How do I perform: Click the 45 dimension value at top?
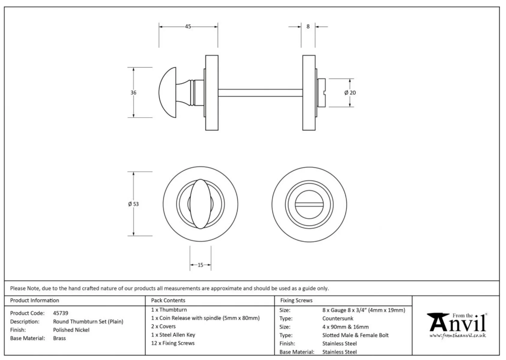[x=188, y=26]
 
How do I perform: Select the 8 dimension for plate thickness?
[x=308, y=26]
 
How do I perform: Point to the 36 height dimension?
[x=133, y=93]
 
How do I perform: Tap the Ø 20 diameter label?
[x=350, y=93]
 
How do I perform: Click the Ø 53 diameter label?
[x=133, y=204]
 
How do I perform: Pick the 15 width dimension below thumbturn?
[x=200, y=265]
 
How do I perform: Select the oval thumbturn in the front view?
[x=200, y=204]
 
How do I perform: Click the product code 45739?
[x=61, y=313]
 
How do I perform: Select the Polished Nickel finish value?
[x=71, y=330]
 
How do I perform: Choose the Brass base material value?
[x=59, y=338]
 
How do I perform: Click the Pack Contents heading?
[x=168, y=300]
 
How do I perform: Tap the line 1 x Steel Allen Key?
[x=173, y=335]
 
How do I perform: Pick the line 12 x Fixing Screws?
[x=173, y=343]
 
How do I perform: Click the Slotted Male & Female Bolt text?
[x=355, y=335]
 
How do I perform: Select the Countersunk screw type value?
[x=338, y=318]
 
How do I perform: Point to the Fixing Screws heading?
[x=296, y=300]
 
